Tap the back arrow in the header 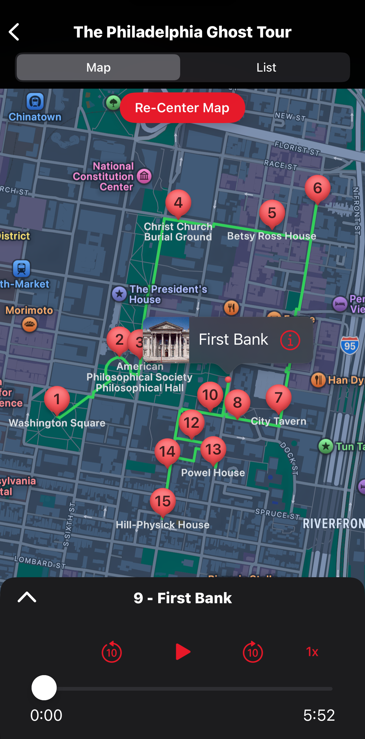[x=14, y=32]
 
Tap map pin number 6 [x=317, y=188]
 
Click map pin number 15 [x=163, y=501]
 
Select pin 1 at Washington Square [x=57, y=399]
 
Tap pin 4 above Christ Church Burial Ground [x=178, y=203]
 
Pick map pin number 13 [x=213, y=449]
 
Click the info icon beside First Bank [x=290, y=340]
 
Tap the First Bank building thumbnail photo [x=166, y=340]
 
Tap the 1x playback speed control [x=312, y=652]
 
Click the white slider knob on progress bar [x=44, y=688]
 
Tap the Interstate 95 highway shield [x=350, y=345]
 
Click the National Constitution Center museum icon [x=144, y=176]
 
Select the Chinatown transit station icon [x=35, y=101]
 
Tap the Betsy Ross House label [x=272, y=236]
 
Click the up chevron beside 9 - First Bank [x=27, y=597]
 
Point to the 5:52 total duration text [x=319, y=715]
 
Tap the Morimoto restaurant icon [x=30, y=325]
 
